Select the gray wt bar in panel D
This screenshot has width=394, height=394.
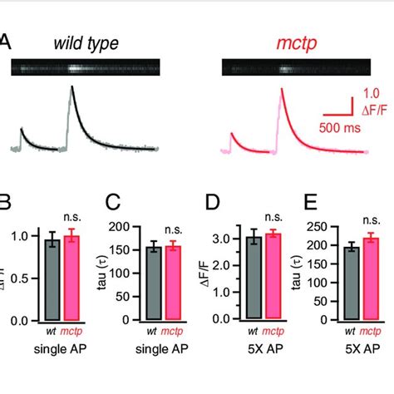[x=254, y=278]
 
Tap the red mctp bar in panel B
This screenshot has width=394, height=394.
[x=71, y=278]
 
